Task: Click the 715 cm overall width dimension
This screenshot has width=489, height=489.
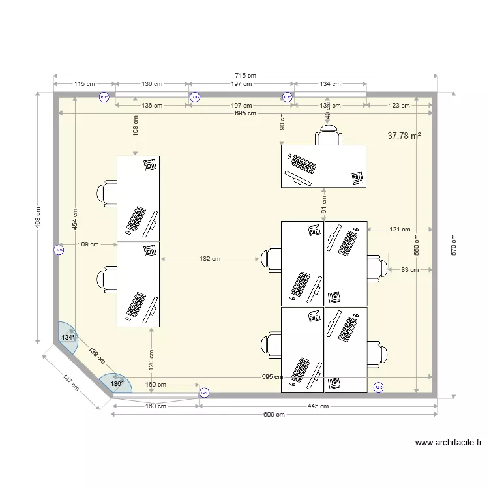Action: coord(246,76)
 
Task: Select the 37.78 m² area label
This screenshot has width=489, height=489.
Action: coord(404,136)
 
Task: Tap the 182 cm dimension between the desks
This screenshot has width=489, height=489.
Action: coord(210,259)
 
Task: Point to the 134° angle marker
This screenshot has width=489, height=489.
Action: coord(68,338)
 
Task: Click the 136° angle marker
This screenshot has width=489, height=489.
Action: coord(117,384)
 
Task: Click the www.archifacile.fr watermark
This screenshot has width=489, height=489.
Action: coord(449,443)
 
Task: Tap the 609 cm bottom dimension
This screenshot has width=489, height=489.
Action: coord(274,414)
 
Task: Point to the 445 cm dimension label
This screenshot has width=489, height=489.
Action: coord(318,406)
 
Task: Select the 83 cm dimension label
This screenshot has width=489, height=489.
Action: coord(409,269)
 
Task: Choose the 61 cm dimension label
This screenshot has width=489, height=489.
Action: coord(323,205)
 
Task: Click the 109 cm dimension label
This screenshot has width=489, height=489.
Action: coord(88,244)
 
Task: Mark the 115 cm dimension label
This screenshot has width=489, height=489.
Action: coord(85,84)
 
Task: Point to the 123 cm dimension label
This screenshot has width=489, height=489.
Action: coord(399,106)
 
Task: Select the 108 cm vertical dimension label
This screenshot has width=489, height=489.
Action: coord(136,126)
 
